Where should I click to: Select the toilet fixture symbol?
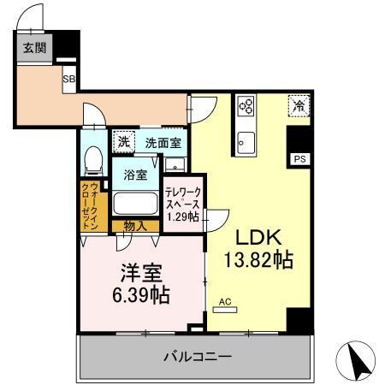coord(94,159)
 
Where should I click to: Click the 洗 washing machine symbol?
coord(123,141)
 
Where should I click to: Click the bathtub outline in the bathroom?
coord(133,205)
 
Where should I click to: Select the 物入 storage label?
coord(134,227)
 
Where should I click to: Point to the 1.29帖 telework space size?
coord(181,217)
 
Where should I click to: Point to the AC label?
coord(226,301)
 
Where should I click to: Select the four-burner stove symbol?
coord(246,106)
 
